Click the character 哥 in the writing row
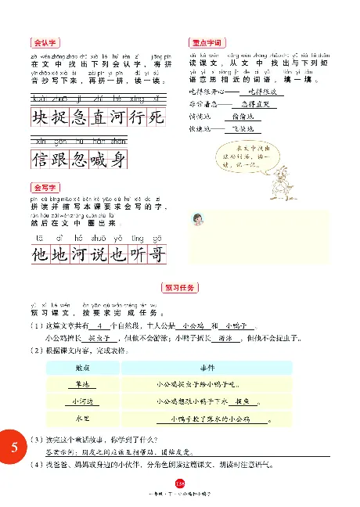157,254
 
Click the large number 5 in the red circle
15,449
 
